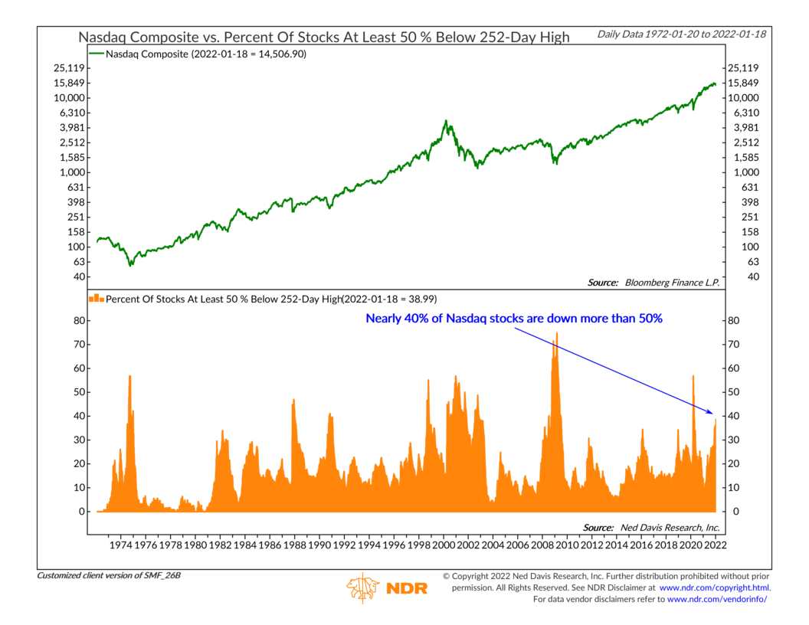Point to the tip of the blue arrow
[715, 414]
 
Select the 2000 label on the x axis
[444, 545]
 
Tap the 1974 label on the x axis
[123, 545]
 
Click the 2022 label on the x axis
[716, 545]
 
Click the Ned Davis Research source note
[651, 528]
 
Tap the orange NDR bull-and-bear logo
[362, 587]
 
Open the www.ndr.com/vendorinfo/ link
[716, 599]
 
